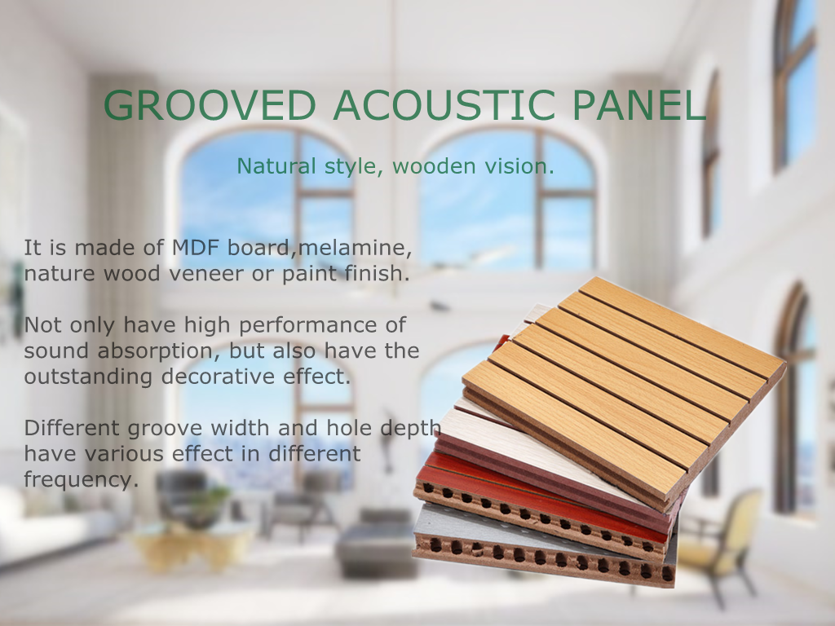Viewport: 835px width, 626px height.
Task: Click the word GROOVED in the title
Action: click(210, 105)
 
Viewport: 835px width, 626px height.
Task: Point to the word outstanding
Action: click(88, 377)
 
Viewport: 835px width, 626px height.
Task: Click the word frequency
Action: click(81, 479)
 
